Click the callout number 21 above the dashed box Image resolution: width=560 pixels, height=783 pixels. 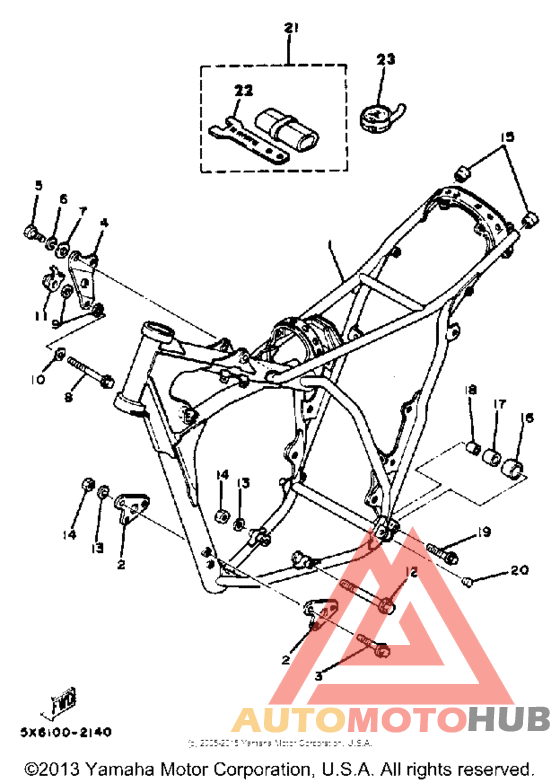(291, 28)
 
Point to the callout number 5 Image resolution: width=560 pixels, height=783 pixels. (39, 186)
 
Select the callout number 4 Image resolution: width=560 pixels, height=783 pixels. (103, 222)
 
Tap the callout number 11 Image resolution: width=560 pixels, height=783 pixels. (40, 315)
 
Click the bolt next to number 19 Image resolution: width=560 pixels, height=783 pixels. (443, 549)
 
